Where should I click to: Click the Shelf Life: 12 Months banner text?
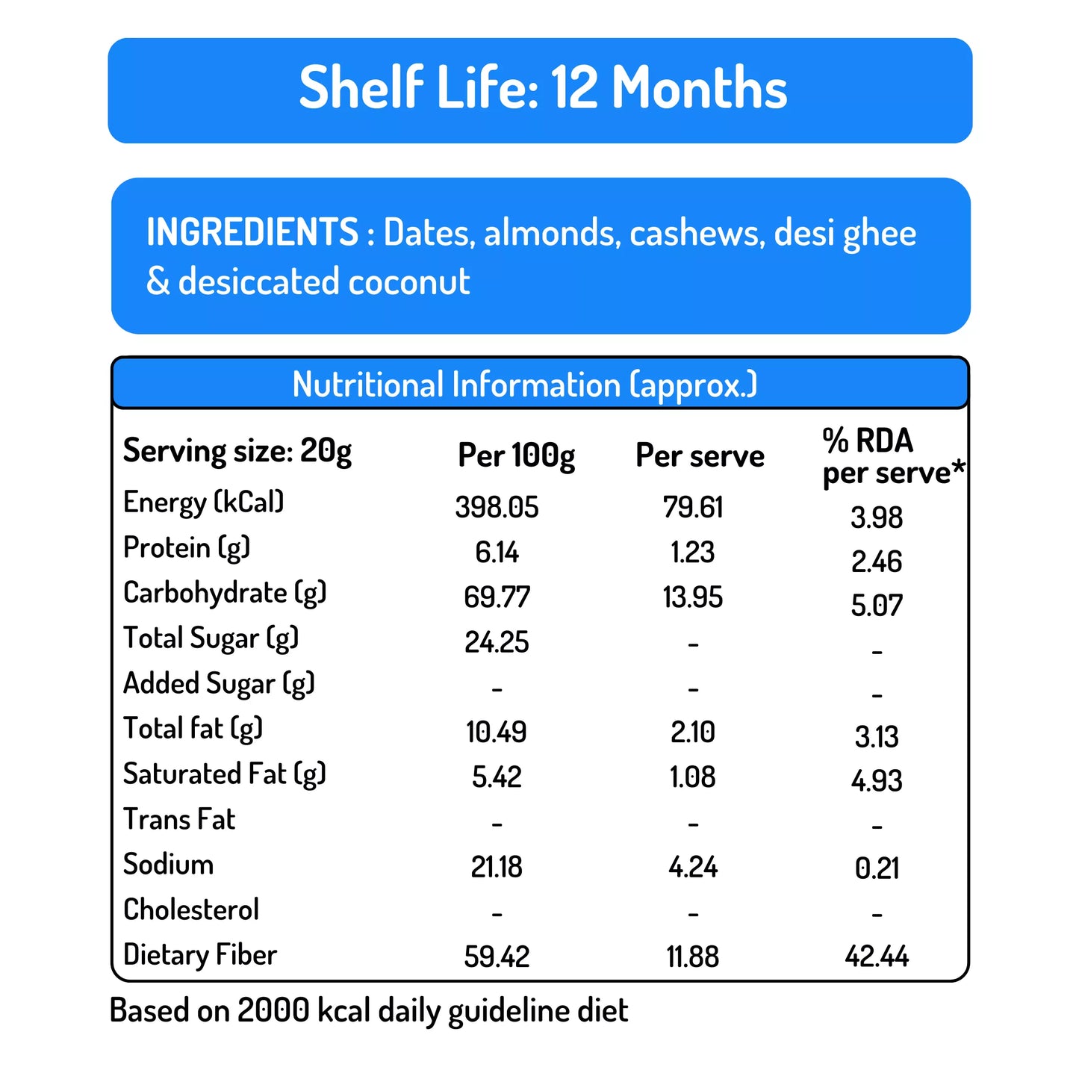click(x=543, y=88)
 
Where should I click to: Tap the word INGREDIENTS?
click(x=252, y=232)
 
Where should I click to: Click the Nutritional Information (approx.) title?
click(x=524, y=385)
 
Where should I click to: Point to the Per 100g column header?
click(x=516, y=455)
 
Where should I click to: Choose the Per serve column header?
click(x=700, y=455)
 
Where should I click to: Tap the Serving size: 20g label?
click(x=237, y=451)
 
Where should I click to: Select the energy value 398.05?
click(x=497, y=508)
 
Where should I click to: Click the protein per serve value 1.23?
click(x=692, y=553)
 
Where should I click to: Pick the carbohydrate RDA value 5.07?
click(x=877, y=606)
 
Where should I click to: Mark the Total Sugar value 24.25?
click(x=497, y=642)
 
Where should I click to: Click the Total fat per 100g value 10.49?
click(x=497, y=732)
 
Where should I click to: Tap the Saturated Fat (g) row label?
click(x=225, y=774)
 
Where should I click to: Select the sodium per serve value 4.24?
click(x=693, y=867)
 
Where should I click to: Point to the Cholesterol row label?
click(x=191, y=909)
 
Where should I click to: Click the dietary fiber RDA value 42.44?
click(x=877, y=957)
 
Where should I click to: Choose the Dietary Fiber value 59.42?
click(x=497, y=957)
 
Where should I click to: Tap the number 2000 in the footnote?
click(x=273, y=1011)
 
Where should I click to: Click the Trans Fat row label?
click(x=179, y=820)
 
